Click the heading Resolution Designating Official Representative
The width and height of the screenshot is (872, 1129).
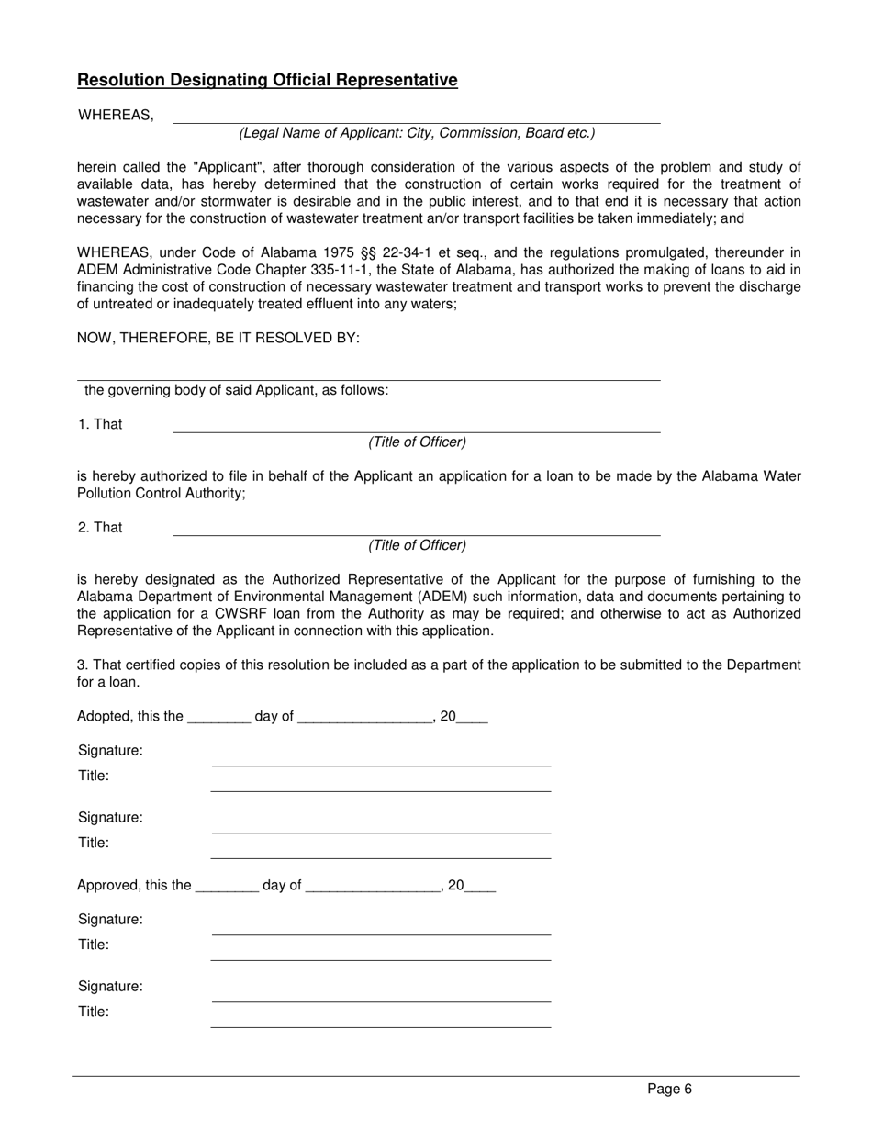coord(267,80)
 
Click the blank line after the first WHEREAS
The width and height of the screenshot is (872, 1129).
coord(417,117)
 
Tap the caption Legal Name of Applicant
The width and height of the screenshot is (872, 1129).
coord(417,133)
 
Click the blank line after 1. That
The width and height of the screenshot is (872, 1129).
coord(417,426)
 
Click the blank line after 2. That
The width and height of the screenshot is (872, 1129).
coord(417,530)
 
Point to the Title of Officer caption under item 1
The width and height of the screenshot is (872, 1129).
coord(417,442)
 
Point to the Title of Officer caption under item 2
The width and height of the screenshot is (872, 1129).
coord(417,545)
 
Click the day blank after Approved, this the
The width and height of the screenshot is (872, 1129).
coord(228,888)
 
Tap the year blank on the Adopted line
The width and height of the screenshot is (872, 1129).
coord(472,719)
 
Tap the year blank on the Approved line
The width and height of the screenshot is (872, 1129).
coord(480,888)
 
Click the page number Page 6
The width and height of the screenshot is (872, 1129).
coord(669,1090)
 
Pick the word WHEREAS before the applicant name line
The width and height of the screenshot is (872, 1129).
coord(116,116)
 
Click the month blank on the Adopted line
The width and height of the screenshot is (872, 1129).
coord(365,719)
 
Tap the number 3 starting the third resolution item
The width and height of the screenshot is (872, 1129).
coord(81,665)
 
